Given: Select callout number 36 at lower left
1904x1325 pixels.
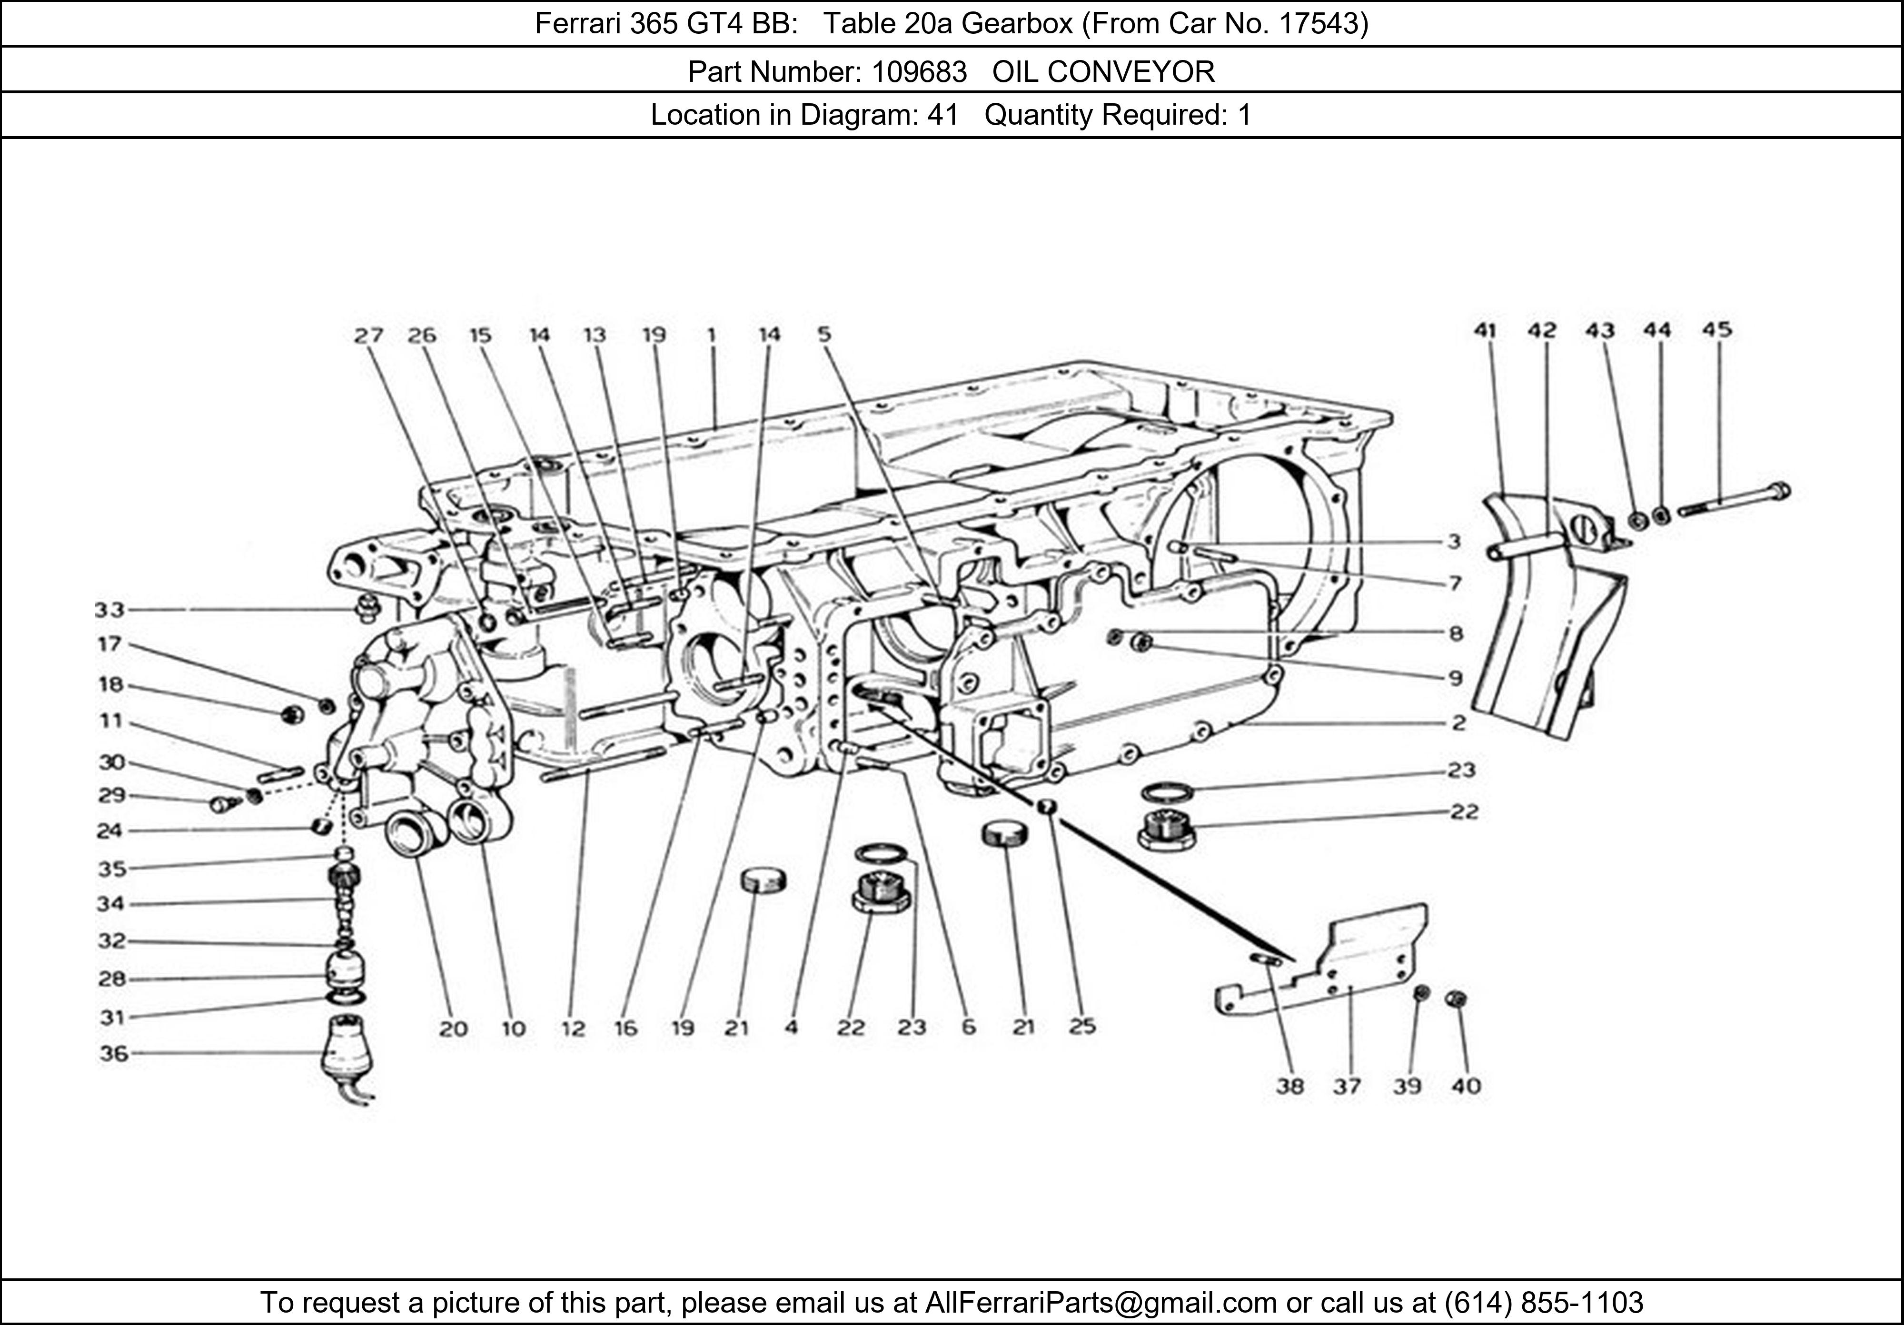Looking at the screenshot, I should pos(114,1054).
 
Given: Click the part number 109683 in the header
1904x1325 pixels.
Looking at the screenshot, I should pos(919,72).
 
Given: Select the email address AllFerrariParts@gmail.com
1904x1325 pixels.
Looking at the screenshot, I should pos(1101,1303).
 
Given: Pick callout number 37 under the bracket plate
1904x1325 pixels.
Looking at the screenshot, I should pos(1347,1086).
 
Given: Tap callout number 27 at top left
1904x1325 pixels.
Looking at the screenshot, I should pos(368,335).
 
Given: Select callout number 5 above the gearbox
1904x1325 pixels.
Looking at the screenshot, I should pos(823,334).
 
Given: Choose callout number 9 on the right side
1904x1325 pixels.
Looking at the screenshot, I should pos(1455,678).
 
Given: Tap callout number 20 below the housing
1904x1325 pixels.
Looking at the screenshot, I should pos(453,1029).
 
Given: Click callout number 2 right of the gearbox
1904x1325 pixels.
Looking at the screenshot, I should pos(1458,723).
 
